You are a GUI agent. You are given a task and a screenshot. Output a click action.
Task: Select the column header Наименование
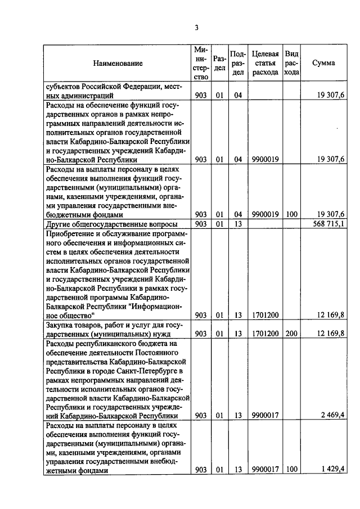click(118, 64)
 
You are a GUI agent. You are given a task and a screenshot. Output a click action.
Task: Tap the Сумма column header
click(323, 63)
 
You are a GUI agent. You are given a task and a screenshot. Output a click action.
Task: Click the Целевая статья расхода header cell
click(265, 63)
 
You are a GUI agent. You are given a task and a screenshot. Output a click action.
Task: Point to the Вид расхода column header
click(291, 63)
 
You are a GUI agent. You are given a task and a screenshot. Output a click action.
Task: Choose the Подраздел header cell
click(238, 63)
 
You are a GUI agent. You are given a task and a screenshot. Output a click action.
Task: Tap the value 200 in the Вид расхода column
click(291, 334)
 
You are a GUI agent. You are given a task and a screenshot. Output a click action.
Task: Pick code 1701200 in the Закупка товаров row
click(265, 334)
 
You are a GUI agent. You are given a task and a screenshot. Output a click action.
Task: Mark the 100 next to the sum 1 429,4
click(291, 470)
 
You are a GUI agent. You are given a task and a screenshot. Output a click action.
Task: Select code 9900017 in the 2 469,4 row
click(265, 415)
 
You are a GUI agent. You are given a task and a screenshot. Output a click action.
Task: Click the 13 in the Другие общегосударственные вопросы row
click(238, 224)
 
